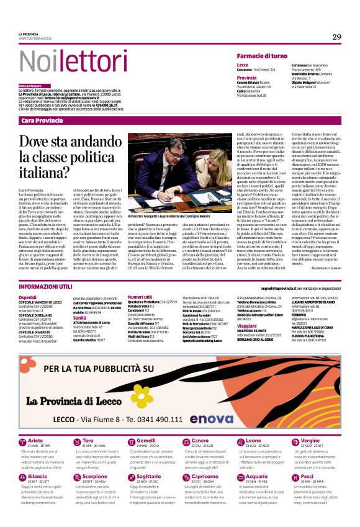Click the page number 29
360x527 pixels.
pyautogui.click(x=336, y=37)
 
